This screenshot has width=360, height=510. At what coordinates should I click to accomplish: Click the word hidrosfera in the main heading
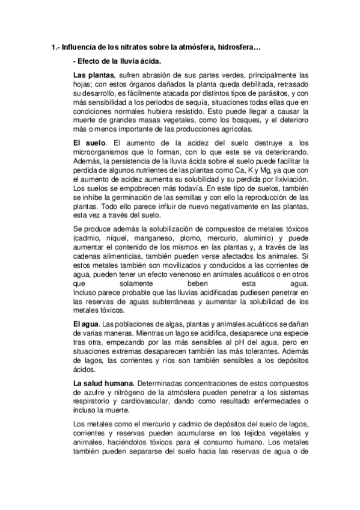pyautogui.click(x=238, y=47)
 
